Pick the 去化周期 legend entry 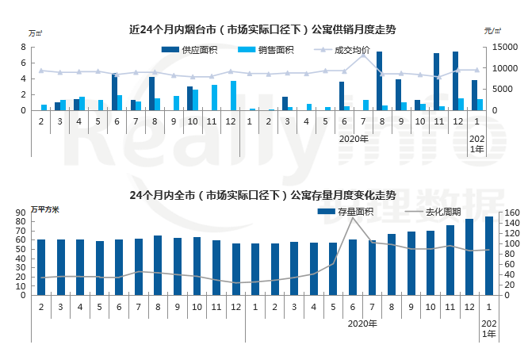click(x=433, y=212)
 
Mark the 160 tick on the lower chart click(x=511, y=213)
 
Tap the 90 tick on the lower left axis click(x=21, y=213)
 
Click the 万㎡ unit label click(x=36, y=33)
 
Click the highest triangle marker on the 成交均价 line click(x=364, y=55)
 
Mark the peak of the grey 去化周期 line click(x=353, y=219)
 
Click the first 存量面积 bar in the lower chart click(x=41, y=267)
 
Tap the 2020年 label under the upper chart click(x=354, y=138)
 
